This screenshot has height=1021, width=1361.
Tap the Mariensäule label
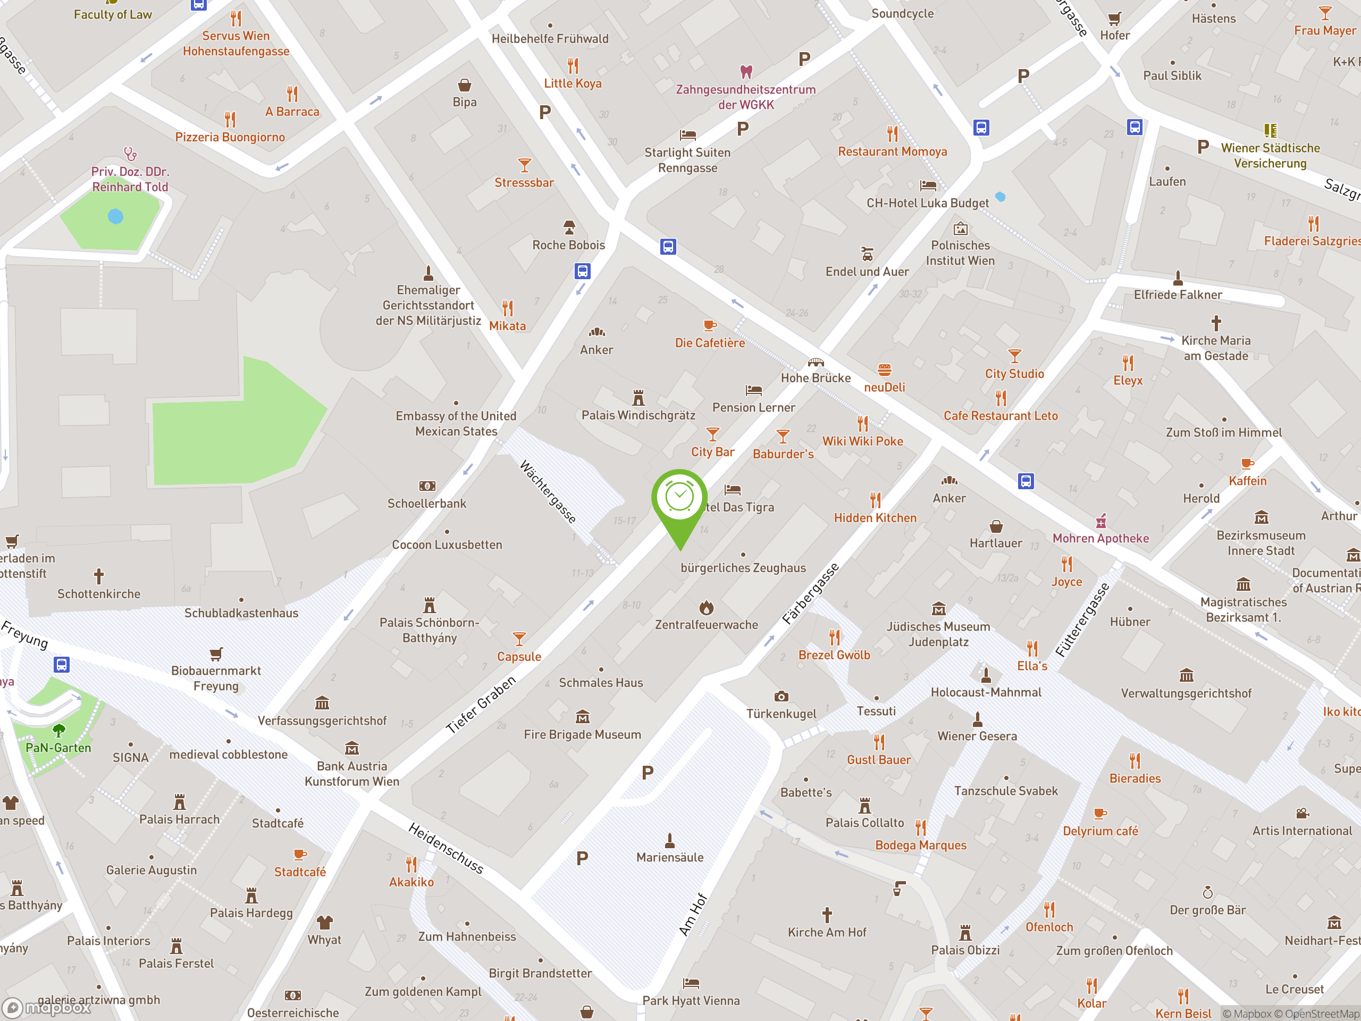(669, 857)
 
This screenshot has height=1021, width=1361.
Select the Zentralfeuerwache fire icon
(707, 608)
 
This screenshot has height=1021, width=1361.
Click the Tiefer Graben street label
(481, 705)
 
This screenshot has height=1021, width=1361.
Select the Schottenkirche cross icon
(98, 576)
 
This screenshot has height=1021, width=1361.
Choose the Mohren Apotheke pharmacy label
(1100, 539)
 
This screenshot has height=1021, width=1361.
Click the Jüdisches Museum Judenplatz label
(938, 634)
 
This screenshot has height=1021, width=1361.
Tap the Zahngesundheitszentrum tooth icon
(746, 72)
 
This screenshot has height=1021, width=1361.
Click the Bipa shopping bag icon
(465, 85)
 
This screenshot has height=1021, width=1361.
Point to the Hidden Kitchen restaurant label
(875, 518)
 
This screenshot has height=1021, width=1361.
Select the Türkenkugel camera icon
(781, 697)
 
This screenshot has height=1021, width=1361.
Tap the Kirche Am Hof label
(826, 932)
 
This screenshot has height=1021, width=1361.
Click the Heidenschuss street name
(446, 848)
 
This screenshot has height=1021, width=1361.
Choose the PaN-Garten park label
(58, 748)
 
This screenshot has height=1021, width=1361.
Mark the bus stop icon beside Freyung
(61, 665)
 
